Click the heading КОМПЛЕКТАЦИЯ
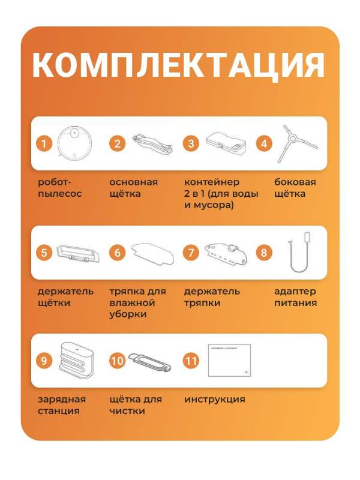(178, 65)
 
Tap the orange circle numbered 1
(44, 143)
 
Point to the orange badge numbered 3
(191, 143)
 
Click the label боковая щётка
(295, 188)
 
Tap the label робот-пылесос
(60, 188)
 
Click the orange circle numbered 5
(44, 253)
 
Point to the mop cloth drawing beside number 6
(151, 253)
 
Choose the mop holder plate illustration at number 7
(224, 253)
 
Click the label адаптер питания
(295, 297)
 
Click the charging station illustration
(76, 360)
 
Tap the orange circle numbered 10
(118, 361)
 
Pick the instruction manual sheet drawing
(229, 360)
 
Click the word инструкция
(214, 400)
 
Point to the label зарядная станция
(61, 405)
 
